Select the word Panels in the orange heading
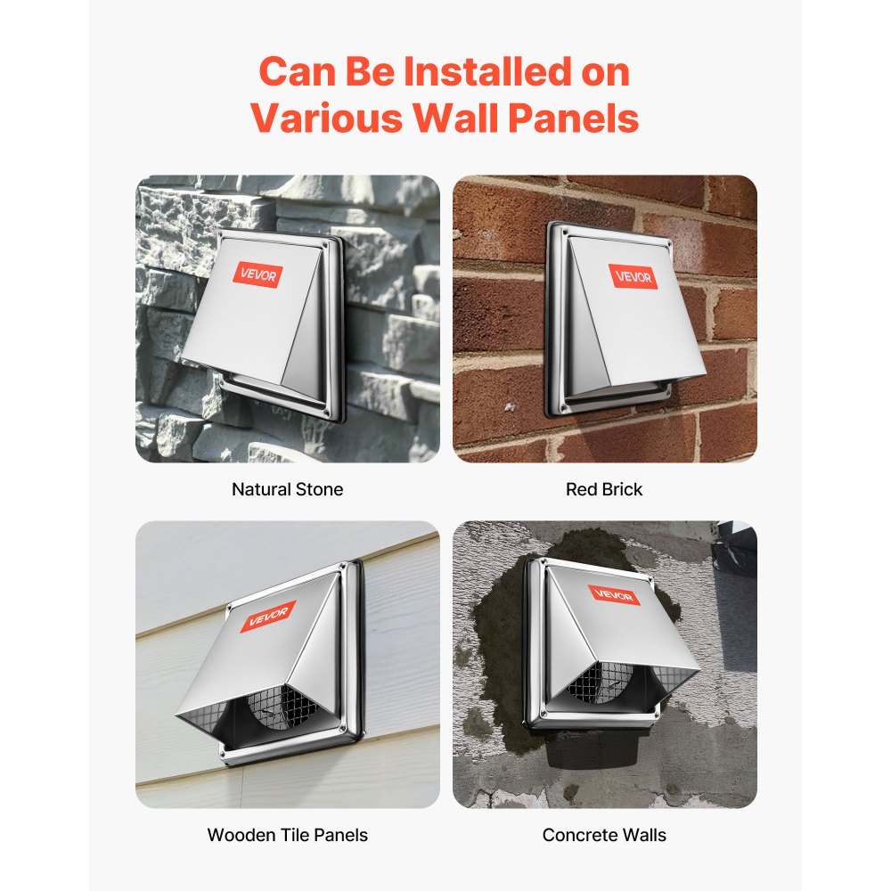pos(572,118)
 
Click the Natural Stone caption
pos(287,489)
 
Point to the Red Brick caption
pos(604,489)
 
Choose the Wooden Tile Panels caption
pos(287,835)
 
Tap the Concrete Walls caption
pos(604,835)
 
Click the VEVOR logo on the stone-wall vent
pos(258,275)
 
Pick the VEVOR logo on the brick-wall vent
pos(634,276)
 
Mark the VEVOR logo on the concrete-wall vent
pos(613,594)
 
